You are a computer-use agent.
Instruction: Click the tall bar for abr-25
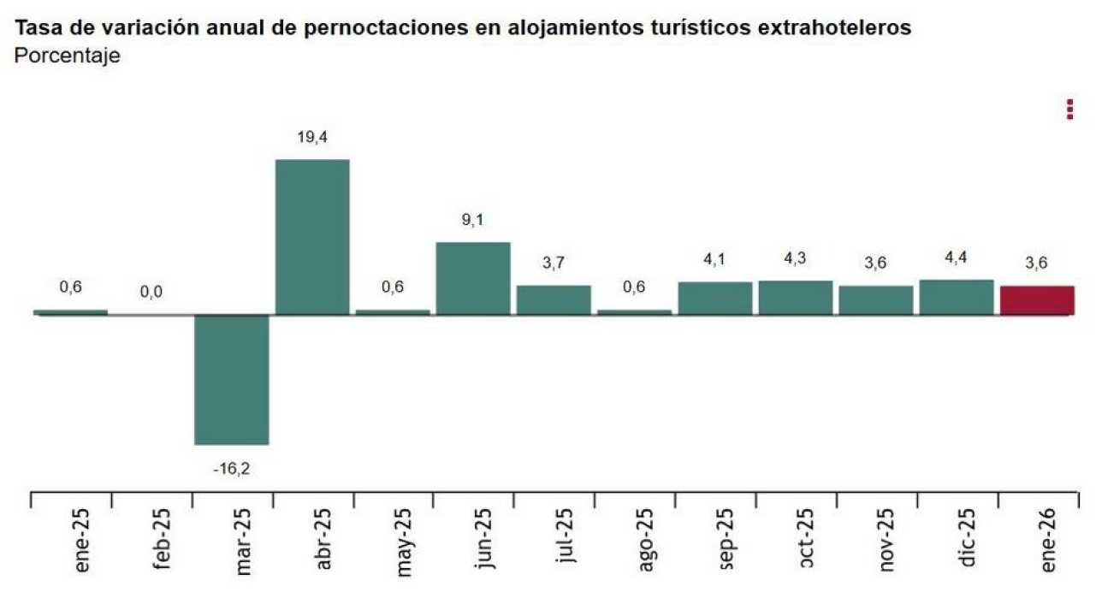pos(312,237)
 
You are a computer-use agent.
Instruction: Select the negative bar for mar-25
pos(232,379)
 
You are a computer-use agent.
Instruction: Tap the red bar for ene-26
pos(1037,300)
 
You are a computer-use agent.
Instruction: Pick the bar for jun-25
pos(473,278)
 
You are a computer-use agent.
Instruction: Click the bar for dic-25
pos(957,297)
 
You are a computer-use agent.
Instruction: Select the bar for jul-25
pos(554,299)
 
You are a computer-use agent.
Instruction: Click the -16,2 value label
pos(232,468)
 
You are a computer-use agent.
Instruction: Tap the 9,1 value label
pos(473,220)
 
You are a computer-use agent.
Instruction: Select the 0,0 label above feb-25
pos(151,293)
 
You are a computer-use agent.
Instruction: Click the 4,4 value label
pos(957,258)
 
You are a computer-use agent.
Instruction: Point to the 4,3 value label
pos(796,258)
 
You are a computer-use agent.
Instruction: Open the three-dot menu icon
pos(1069,110)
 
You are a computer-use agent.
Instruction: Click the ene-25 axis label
pos(83,544)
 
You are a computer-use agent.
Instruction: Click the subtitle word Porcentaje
pos(68,56)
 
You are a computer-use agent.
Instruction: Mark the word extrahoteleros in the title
pos(834,27)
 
